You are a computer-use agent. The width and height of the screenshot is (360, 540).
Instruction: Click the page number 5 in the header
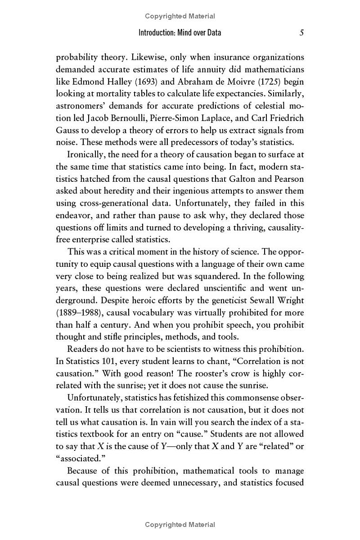301,33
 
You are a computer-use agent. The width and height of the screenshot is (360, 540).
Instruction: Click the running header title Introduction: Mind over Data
180,33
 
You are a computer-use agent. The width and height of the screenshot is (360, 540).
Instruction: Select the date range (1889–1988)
80,312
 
